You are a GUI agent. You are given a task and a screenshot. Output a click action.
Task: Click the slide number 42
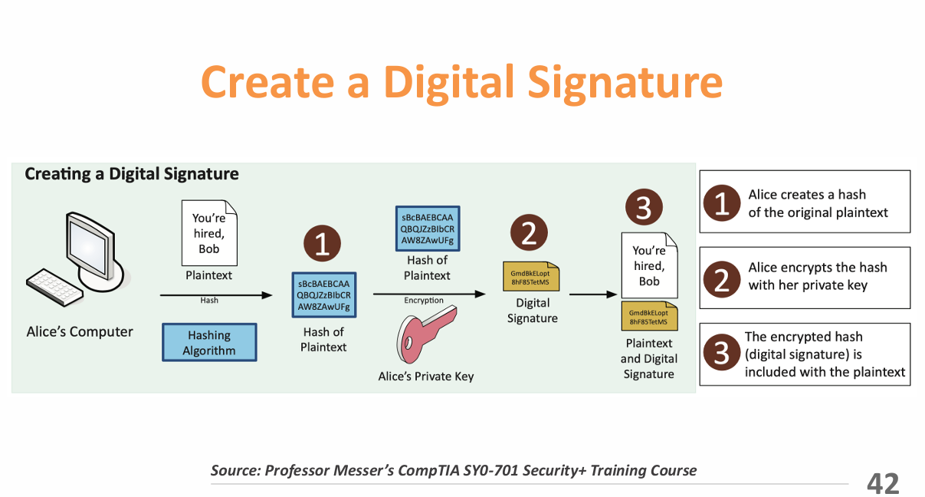coord(883,482)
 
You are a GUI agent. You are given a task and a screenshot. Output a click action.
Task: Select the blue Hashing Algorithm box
coord(209,342)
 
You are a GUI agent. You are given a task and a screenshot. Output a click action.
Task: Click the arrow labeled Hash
coord(215,294)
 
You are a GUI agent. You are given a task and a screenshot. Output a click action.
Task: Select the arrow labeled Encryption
coord(428,293)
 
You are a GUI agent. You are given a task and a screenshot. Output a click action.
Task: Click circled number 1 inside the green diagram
coord(322,245)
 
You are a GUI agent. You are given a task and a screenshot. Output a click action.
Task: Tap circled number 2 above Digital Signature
coord(529,234)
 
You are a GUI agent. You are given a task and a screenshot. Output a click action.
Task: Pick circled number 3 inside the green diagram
coord(643,207)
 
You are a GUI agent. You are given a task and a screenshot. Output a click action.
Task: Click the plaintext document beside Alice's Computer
coord(209,232)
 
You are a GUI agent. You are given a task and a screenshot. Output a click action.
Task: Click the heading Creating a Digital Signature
coord(131,174)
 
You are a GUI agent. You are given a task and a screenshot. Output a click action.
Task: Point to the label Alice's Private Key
coord(426,377)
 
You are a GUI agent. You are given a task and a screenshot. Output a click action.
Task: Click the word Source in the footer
coord(234,470)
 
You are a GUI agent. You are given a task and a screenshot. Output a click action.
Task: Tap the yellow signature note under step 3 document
coord(648,317)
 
